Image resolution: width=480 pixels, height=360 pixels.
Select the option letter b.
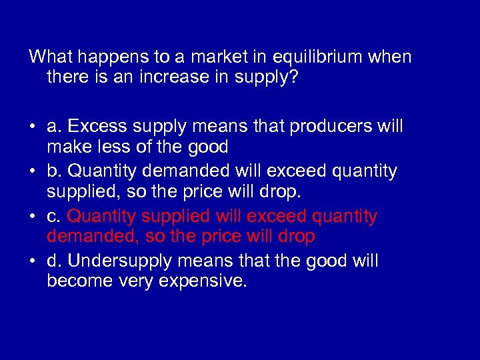(54, 171)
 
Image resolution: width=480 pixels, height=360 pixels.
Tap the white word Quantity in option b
(101, 171)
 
